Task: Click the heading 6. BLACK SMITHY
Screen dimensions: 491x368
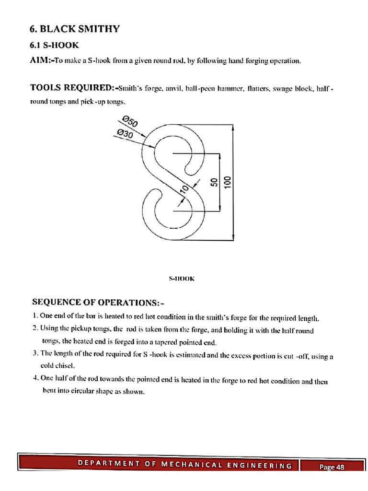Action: (74, 29)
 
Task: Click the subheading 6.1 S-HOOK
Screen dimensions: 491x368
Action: (55, 45)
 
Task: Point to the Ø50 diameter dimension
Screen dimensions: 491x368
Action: (130, 120)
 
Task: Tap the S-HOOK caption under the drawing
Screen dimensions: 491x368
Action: (182, 278)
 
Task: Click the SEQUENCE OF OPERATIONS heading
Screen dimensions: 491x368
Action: (98, 303)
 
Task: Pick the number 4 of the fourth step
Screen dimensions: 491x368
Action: (35, 377)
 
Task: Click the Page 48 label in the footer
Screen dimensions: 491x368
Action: (332, 468)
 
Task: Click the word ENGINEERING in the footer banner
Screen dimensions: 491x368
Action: (261, 465)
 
